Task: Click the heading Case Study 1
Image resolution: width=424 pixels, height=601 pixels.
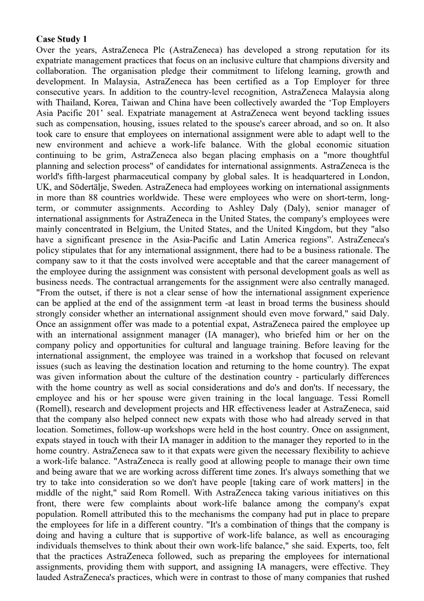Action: pyautogui.click(x=62, y=39)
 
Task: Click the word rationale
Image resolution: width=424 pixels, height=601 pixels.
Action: pyautogui.click(x=372, y=251)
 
